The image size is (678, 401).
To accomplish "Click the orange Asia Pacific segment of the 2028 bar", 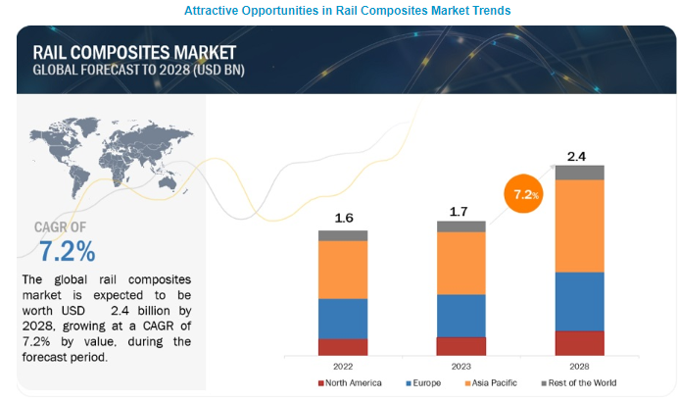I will pyautogui.click(x=579, y=226).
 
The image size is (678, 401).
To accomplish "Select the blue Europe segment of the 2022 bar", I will pyautogui.click(x=342, y=318).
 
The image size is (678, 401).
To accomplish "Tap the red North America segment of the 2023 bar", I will pyautogui.click(x=460, y=345).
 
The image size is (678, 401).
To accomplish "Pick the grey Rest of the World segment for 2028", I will pyautogui.click(x=579, y=173).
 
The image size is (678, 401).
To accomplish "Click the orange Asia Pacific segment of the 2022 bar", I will pyautogui.click(x=342, y=269).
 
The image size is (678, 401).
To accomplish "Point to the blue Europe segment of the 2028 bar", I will pyautogui.click(x=579, y=301).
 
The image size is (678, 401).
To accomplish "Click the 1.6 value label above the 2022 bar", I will pyautogui.click(x=342, y=219).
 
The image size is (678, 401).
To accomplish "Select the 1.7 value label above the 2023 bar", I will pyautogui.click(x=460, y=209).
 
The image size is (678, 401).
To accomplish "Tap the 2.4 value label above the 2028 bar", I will pyautogui.click(x=579, y=155).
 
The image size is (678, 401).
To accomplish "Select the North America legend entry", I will pyautogui.click(x=351, y=382).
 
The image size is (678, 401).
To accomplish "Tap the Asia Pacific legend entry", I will pyautogui.click(x=494, y=382).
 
